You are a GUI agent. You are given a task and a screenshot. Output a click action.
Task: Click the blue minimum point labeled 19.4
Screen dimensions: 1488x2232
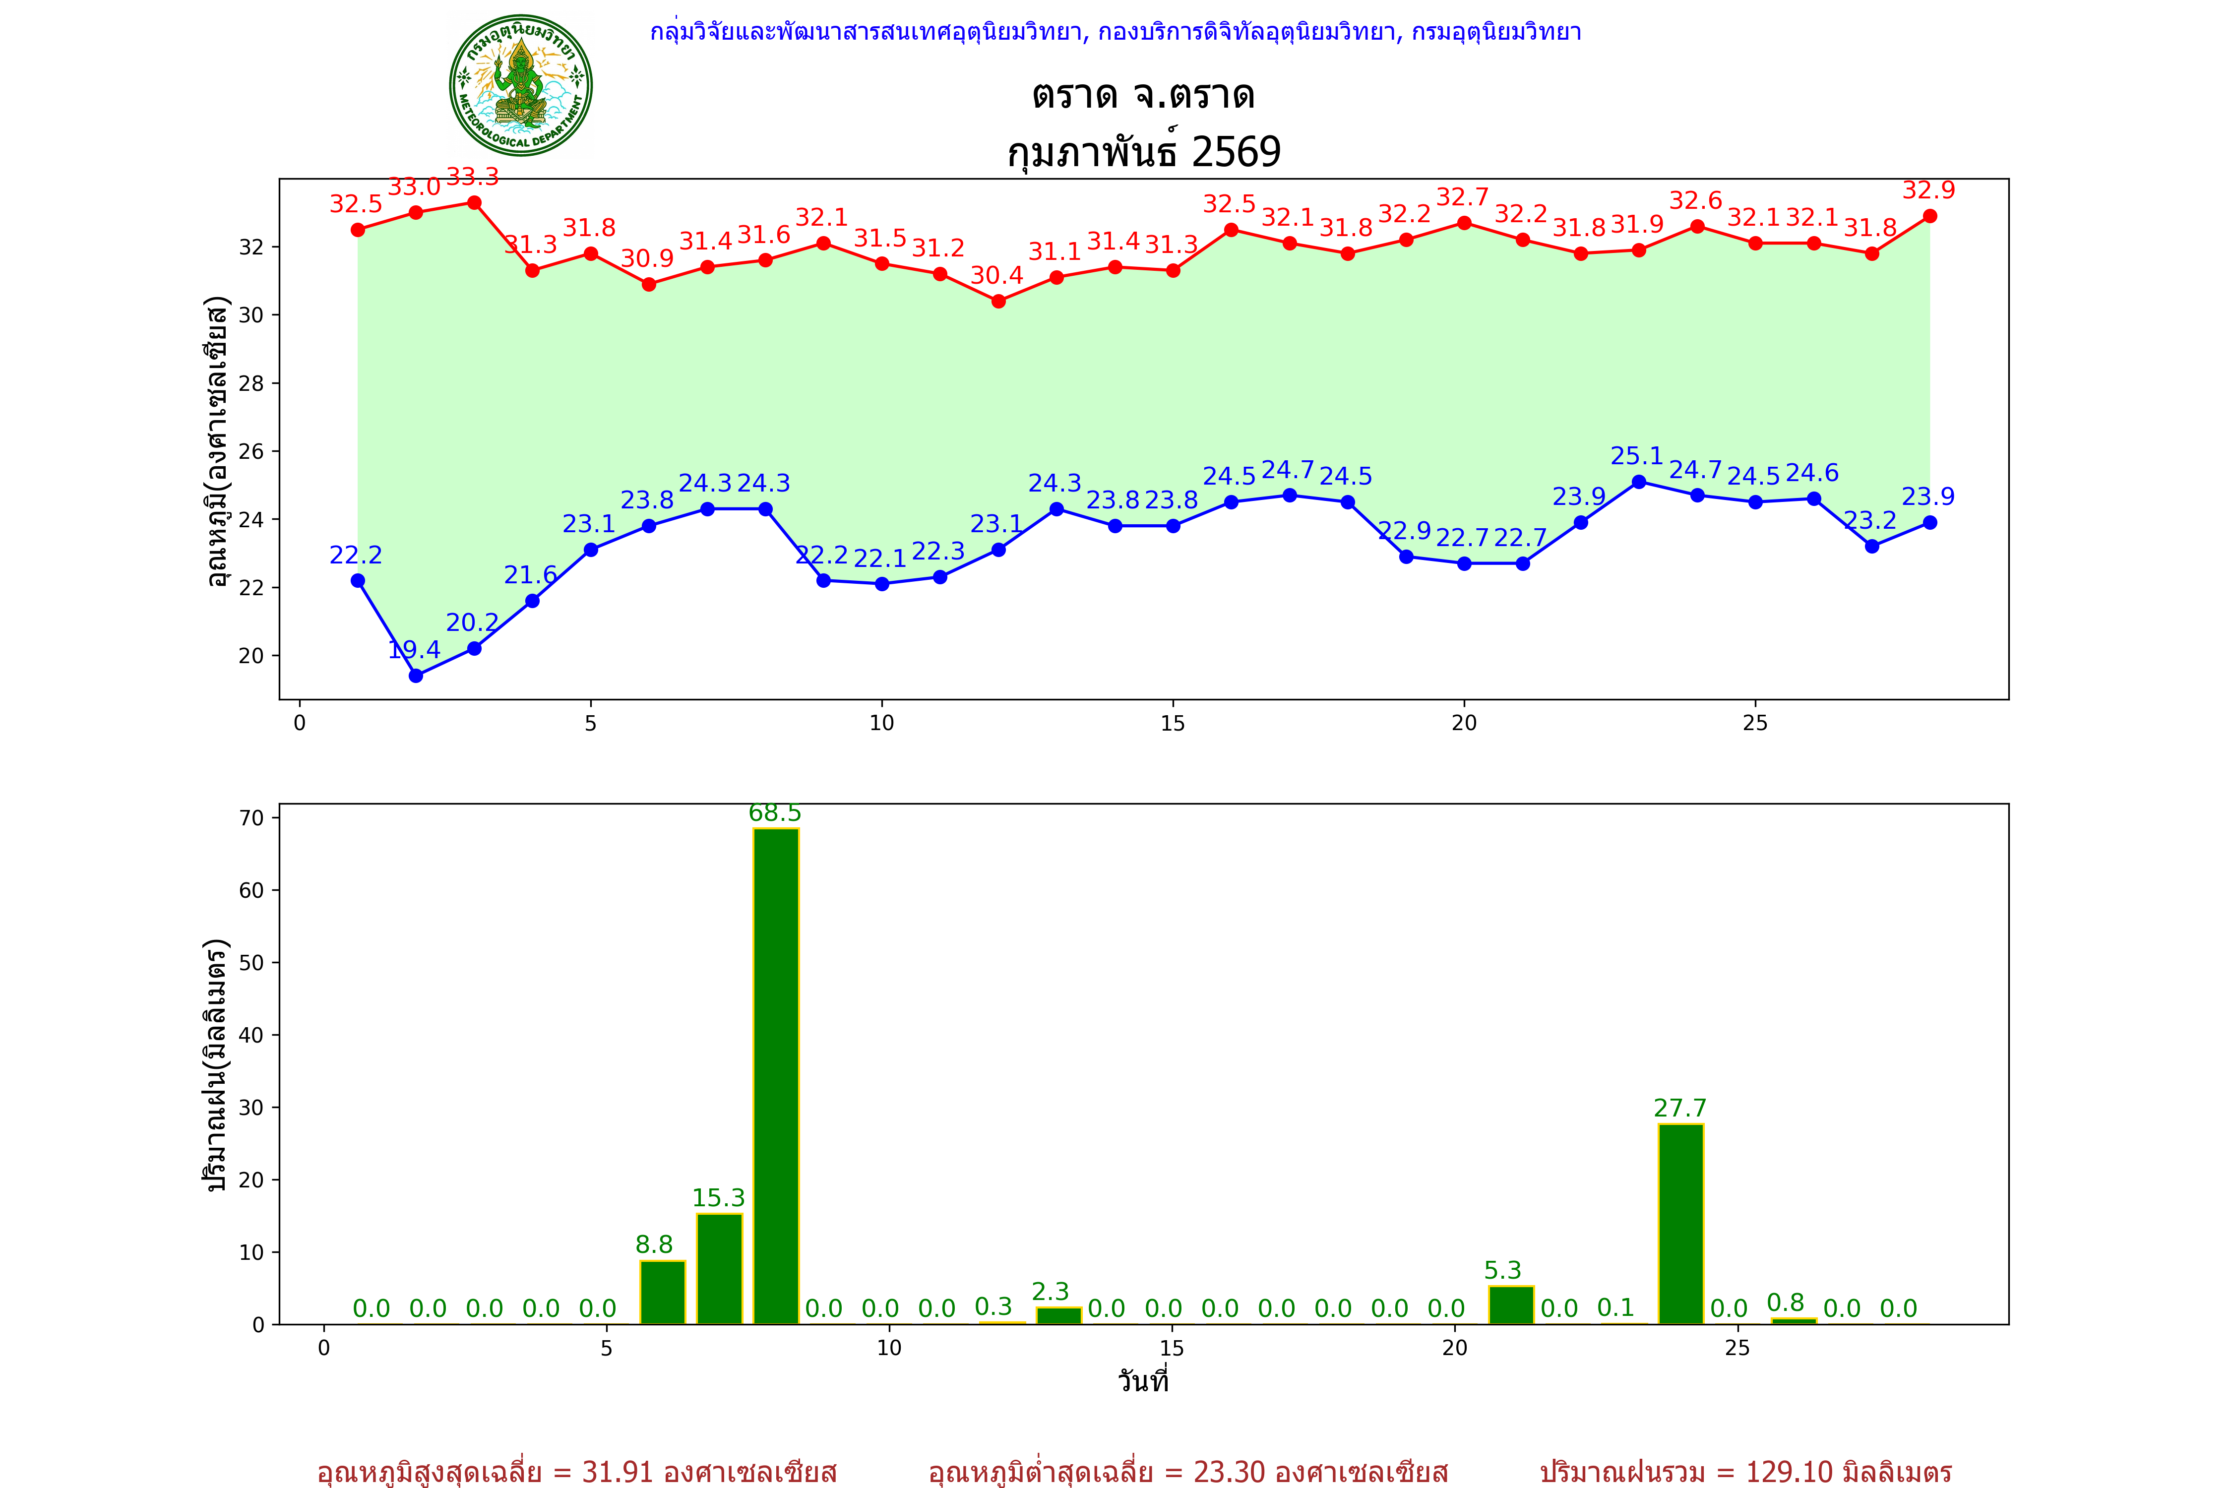416,676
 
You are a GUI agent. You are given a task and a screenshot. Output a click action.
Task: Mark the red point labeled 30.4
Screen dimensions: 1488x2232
998,302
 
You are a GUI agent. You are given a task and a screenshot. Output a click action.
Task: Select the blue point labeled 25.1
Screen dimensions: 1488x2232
1639,482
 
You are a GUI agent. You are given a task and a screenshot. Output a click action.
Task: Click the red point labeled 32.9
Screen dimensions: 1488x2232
1929,216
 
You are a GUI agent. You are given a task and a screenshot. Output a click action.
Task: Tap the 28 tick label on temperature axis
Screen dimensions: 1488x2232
250,383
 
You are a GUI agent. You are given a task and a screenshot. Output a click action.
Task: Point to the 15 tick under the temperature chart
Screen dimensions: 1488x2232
1173,723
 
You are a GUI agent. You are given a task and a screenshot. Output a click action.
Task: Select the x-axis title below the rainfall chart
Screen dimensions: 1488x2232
1143,1381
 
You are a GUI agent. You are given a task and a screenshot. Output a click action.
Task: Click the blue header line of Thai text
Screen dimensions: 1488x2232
1115,32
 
